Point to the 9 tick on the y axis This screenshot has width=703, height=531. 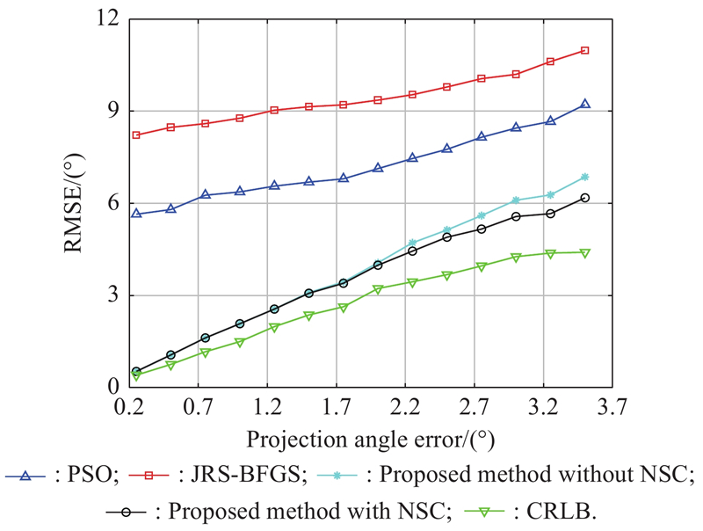pos(113,111)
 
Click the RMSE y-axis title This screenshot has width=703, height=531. pos(74,203)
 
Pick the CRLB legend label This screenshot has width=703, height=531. pos(563,509)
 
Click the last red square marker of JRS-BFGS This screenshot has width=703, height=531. pos(584,51)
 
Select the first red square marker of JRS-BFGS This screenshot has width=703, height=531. pos(136,135)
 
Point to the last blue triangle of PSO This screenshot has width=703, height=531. pos(584,104)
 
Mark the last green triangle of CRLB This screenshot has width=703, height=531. pos(584,253)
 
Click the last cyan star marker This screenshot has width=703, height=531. pos(584,177)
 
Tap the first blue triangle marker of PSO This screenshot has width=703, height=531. pos(136,214)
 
